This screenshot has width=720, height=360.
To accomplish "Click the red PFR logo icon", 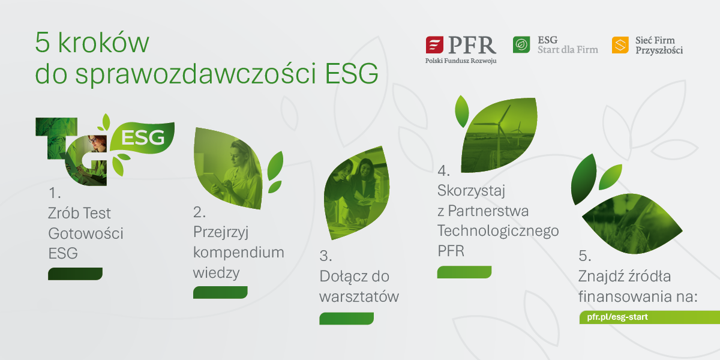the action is click(x=434, y=44).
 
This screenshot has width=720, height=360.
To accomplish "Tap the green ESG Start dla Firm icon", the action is click(x=521, y=44).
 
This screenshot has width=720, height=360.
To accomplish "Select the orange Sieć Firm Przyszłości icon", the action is click(x=620, y=45).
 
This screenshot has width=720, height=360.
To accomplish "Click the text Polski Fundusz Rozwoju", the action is click(x=461, y=61).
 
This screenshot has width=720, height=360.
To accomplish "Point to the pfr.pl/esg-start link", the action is click(x=617, y=317).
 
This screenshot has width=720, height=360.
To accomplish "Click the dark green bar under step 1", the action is click(x=75, y=274).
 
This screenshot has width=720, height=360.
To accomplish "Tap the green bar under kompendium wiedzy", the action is click(x=220, y=293).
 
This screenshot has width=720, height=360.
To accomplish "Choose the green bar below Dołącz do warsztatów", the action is click(x=347, y=319).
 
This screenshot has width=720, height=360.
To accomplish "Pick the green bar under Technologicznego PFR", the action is click(x=464, y=272).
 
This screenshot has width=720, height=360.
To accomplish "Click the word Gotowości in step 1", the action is click(x=86, y=233).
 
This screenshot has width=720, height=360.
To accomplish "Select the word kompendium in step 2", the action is click(x=239, y=253).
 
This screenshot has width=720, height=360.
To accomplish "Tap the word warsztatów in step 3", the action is click(x=359, y=296).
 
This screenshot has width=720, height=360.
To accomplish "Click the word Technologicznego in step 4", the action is click(x=498, y=232).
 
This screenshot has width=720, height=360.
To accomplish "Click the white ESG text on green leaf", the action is click(x=143, y=137).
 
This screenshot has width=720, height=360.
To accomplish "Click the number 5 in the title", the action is click(x=43, y=42).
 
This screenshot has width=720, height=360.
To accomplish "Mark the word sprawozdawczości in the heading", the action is click(x=196, y=74).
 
